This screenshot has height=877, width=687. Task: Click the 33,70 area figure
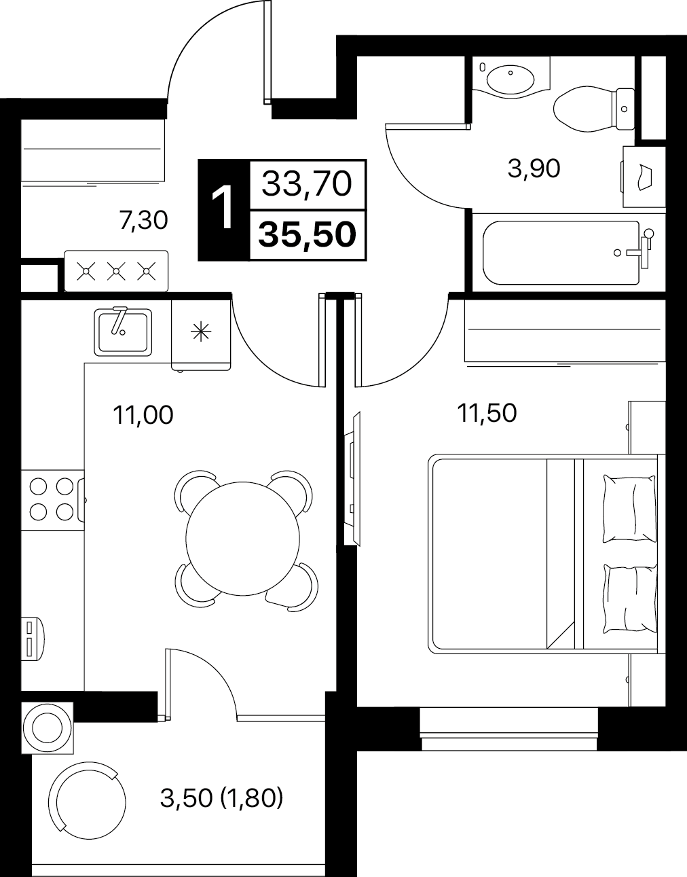point(307,184)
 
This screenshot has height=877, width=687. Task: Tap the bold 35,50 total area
point(308,234)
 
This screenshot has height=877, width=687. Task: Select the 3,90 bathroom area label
point(534,168)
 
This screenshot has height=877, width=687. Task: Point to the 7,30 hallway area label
point(143,220)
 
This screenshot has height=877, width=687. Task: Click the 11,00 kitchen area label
point(143,415)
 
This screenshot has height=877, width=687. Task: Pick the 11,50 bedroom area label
point(487,413)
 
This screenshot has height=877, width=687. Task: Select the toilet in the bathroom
point(594,109)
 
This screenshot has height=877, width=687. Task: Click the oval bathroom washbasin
point(510,79)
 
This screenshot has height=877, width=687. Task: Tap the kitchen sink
point(123,333)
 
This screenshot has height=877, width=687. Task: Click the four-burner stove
point(52,500)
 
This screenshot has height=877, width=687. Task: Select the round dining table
point(243,539)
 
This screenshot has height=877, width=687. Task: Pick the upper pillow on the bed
point(630,509)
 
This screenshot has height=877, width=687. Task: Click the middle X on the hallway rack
point(116,271)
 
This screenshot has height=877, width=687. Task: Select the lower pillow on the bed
point(630,598)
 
